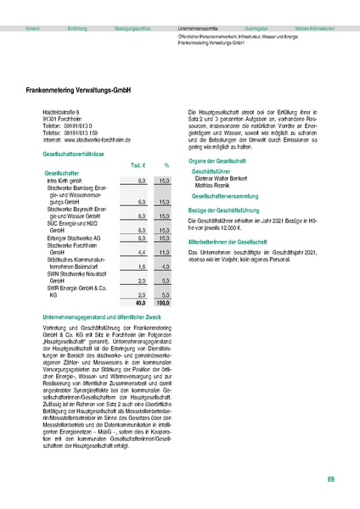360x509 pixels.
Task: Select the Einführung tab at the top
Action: point(79,28)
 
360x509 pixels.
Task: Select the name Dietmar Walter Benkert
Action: point(227,180)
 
